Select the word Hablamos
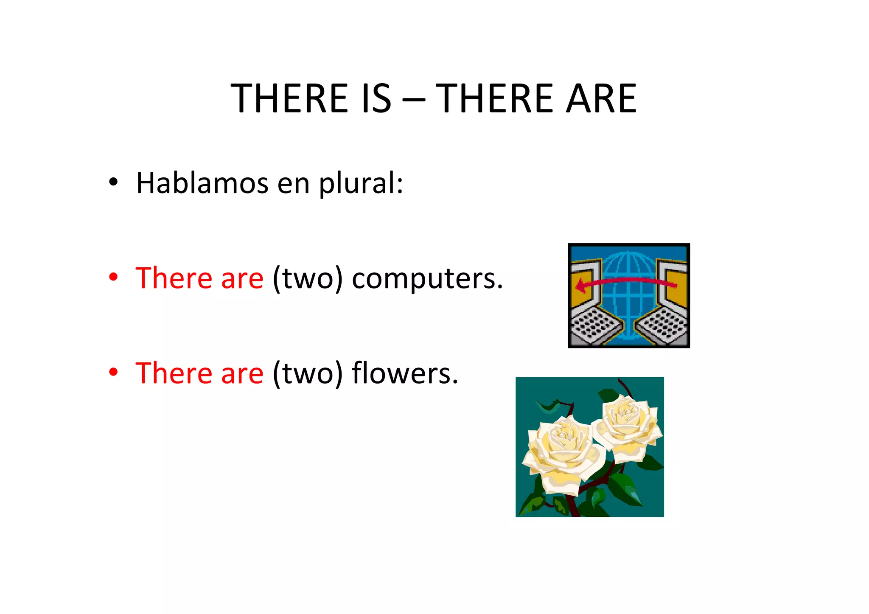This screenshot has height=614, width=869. (202, 183)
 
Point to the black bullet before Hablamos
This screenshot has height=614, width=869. (113, 182)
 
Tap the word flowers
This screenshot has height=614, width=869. (405, 373)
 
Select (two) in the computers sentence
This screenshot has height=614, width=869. (308, 279)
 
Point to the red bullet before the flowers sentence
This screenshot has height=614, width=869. (113, 372)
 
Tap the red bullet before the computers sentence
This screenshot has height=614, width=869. (113, 277)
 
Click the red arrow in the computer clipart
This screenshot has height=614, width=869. (625, 282)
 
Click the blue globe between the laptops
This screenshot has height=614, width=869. (629, 297)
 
